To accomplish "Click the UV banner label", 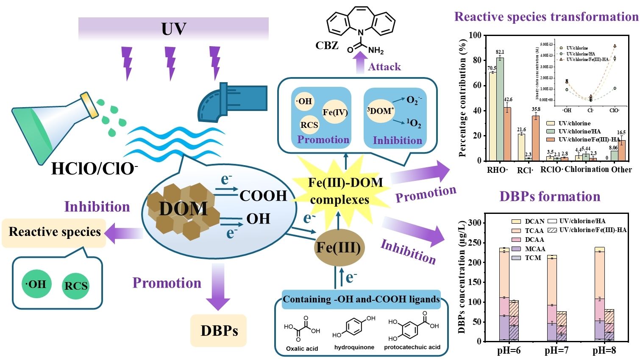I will point(174,29).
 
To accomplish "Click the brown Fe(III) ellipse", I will point(338,247).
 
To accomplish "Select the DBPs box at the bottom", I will point(219,330).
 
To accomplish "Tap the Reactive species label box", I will point(54,232).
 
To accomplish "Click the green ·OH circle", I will point(36,284).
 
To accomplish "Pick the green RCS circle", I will point(76,286).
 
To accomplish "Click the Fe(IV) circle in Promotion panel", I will point(335,112).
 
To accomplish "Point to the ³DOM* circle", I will point(380,111).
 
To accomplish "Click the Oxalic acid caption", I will point(302,349).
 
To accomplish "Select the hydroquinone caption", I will point(354,347).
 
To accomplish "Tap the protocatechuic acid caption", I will point(412,347).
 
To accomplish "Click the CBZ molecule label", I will point(327,45).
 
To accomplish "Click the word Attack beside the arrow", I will point(384,66).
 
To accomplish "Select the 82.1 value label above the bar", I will point(500,52).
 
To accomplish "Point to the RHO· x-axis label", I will point(497,170).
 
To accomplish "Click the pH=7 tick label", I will point(557,350).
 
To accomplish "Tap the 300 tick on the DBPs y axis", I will point(476,223).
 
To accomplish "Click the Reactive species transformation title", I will point(546,17).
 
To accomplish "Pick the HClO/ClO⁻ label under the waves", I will point(94,169).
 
